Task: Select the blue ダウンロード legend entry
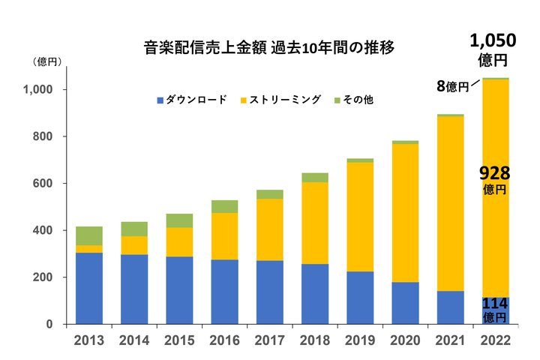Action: [192, 99]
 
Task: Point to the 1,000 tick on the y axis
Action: [37, 90]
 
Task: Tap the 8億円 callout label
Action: [453, 86]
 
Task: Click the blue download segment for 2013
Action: [88, 288]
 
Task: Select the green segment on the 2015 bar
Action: [179, 220]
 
